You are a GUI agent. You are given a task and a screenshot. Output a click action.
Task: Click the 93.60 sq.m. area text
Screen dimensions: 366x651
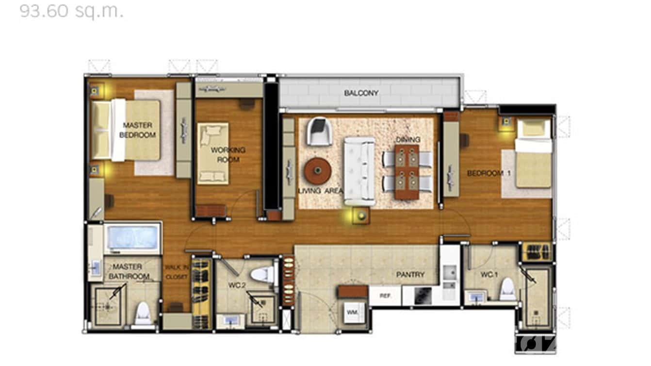[71, 10]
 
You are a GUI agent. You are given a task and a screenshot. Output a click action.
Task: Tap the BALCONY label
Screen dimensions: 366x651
[361, 93]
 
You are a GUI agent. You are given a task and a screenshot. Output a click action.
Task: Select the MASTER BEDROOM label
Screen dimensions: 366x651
[138, 130]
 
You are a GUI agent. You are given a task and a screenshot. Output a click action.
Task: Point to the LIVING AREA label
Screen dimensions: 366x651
[321, 191]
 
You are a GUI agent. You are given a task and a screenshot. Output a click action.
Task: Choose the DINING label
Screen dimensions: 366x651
[407, 140]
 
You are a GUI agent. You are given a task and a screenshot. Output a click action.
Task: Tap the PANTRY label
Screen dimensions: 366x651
[410, 275]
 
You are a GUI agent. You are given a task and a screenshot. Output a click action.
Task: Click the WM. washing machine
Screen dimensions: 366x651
[352, 314]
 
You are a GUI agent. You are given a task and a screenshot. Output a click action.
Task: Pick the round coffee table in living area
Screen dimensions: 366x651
[318, 170]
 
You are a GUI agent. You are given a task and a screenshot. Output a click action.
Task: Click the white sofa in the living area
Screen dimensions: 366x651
[359, 170]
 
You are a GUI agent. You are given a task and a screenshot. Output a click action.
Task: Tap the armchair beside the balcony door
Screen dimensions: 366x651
[320, 131]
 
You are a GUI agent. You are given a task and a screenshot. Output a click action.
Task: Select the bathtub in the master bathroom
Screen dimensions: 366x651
[132, 238]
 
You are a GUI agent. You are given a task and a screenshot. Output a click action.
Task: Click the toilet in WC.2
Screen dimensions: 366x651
[263, 275]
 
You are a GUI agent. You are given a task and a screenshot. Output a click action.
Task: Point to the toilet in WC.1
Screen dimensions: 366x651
[508, 289]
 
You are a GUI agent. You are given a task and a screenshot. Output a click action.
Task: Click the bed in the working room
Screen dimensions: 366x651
[213, 153]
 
